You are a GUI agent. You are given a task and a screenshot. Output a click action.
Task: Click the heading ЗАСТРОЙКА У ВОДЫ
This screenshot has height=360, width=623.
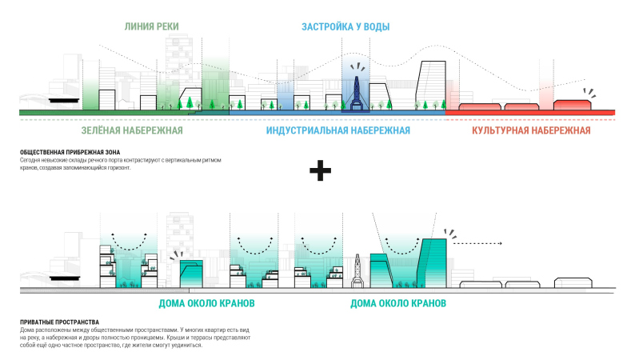(345, 27)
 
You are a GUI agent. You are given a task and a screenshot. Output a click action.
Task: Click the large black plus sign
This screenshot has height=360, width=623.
(320, 170)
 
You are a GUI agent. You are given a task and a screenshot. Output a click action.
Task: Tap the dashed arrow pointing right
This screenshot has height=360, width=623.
(477, 242)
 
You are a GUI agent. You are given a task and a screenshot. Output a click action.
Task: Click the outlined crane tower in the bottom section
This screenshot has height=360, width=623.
(358, 272)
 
